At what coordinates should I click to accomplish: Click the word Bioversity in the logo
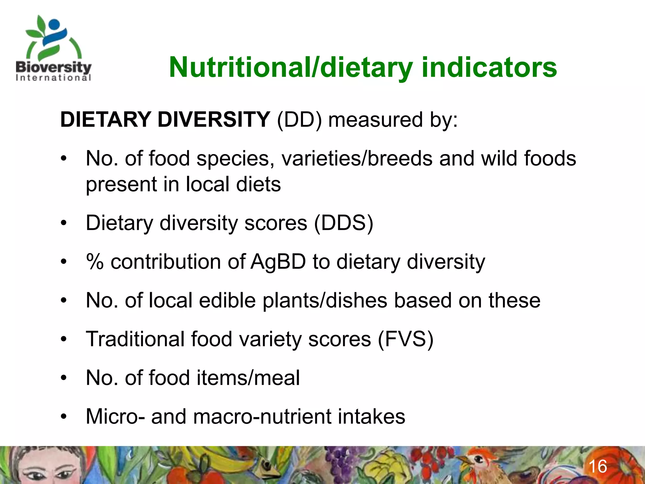[54, 67]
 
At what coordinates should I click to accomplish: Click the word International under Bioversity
[54, 78]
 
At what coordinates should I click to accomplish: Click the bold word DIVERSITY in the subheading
[214, 120]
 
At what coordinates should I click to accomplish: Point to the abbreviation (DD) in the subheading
[299, 120]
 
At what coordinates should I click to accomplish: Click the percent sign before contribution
[95, 262]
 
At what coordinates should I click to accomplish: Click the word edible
[227, 301]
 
